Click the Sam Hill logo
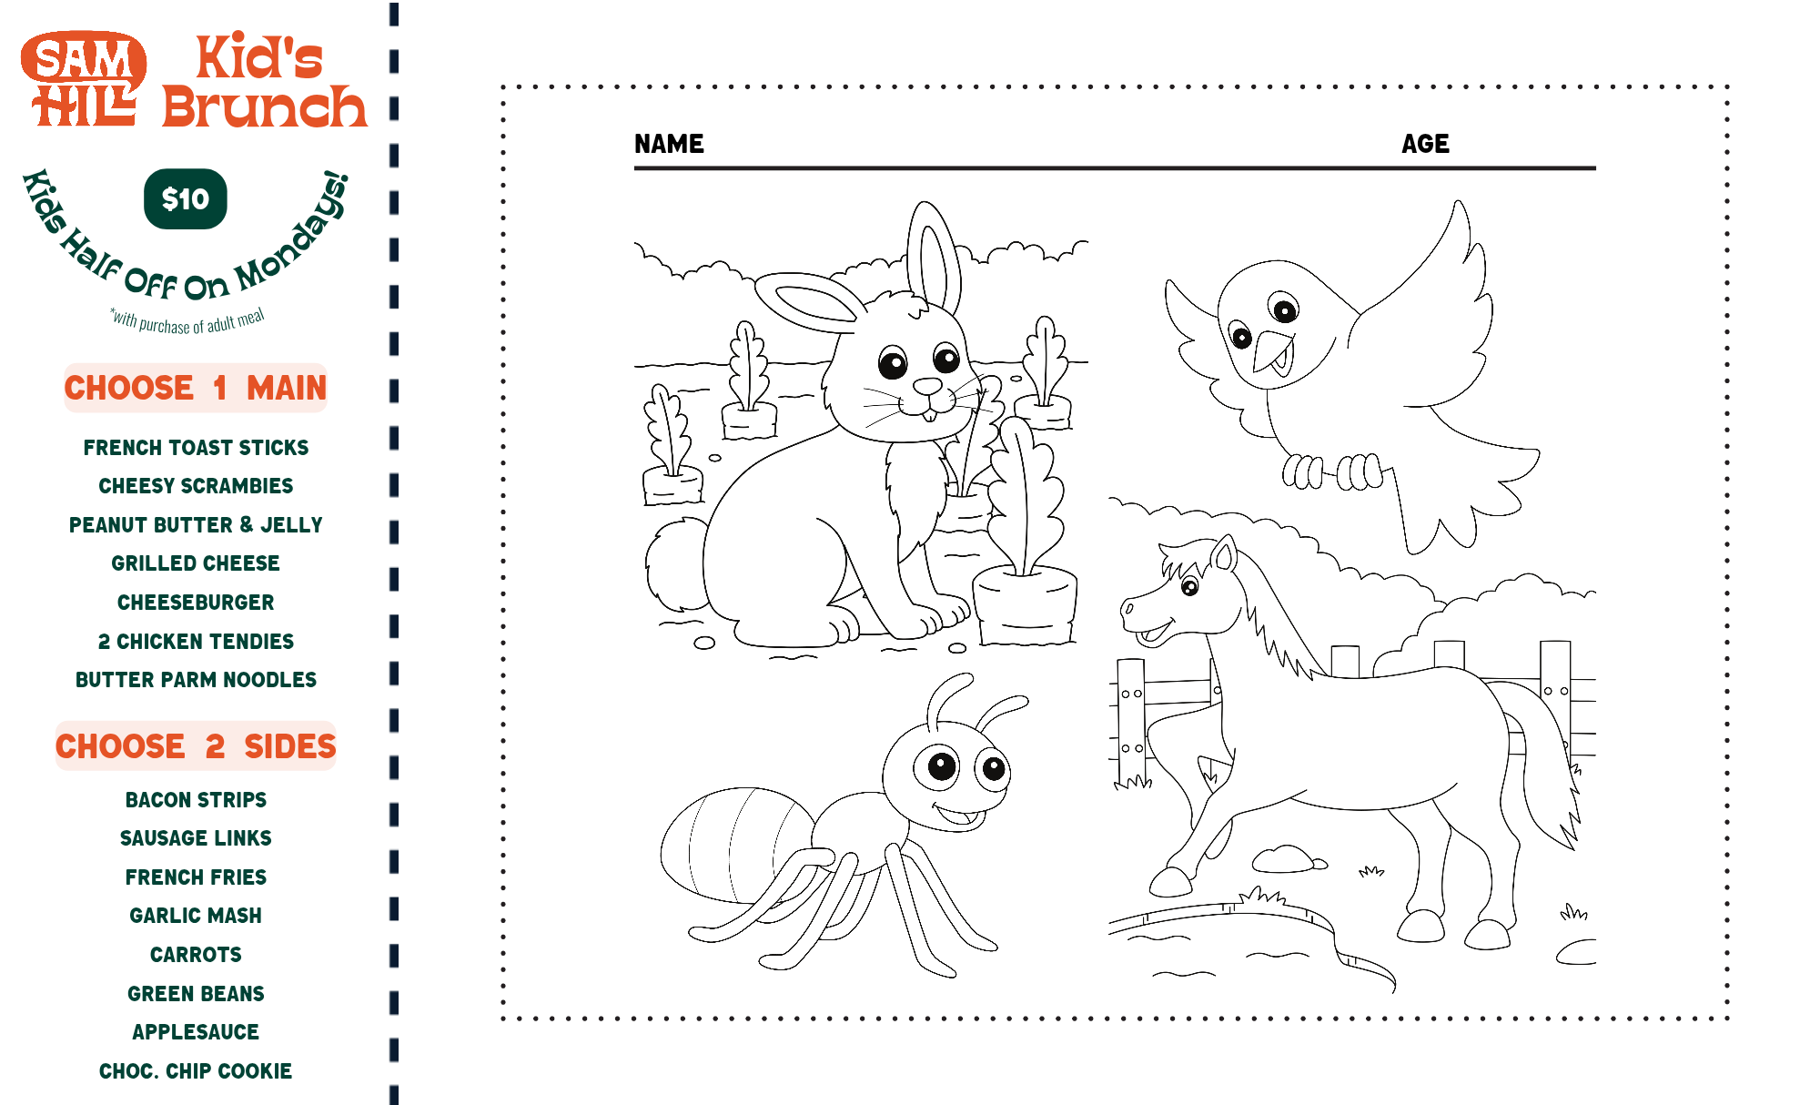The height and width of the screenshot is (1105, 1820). pyautogui.click(x=84, y=79)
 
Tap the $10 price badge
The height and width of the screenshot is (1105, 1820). pyautogui.click(x=186, y=198)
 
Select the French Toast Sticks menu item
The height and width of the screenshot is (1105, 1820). pyautogui.click(x=196, y=447)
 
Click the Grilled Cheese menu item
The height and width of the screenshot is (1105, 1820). pyautogui.click(x=196, y=563)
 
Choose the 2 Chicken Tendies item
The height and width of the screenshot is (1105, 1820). pyautogui.click(x=196, y=641)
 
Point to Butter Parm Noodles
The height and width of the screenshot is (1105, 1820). pyautogui.click(x=196, y=679)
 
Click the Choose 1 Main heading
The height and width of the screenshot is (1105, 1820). pyautogui.click(x=196, y=388)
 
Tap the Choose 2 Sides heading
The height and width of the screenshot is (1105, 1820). pyautogui.click(x=196, y=746)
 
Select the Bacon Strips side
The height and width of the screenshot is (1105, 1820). pyautogui.click(x=196, y=799)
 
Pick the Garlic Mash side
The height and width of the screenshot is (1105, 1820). pyautogui.click(x=196, y=915)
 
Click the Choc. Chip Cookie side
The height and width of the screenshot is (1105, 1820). pyautogui.click(x=196, y=1070)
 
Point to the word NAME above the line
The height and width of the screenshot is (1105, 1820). pyautogui.click(x=669, y=144)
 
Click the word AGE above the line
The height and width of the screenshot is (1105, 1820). pyautogui.click(x=1425, y=144)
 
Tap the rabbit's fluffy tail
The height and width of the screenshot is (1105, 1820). pyautogui.click(x=675, y=564)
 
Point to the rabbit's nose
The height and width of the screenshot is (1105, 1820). pyautogui.click(x=927, y=386)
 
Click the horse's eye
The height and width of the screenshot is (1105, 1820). pyautogui.click(x=1189, y=586)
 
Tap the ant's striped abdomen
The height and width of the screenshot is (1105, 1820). pyautogui.click(x=737, y=843)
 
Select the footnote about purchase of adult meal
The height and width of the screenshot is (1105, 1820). pyautogui.click(x=187, y=321)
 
